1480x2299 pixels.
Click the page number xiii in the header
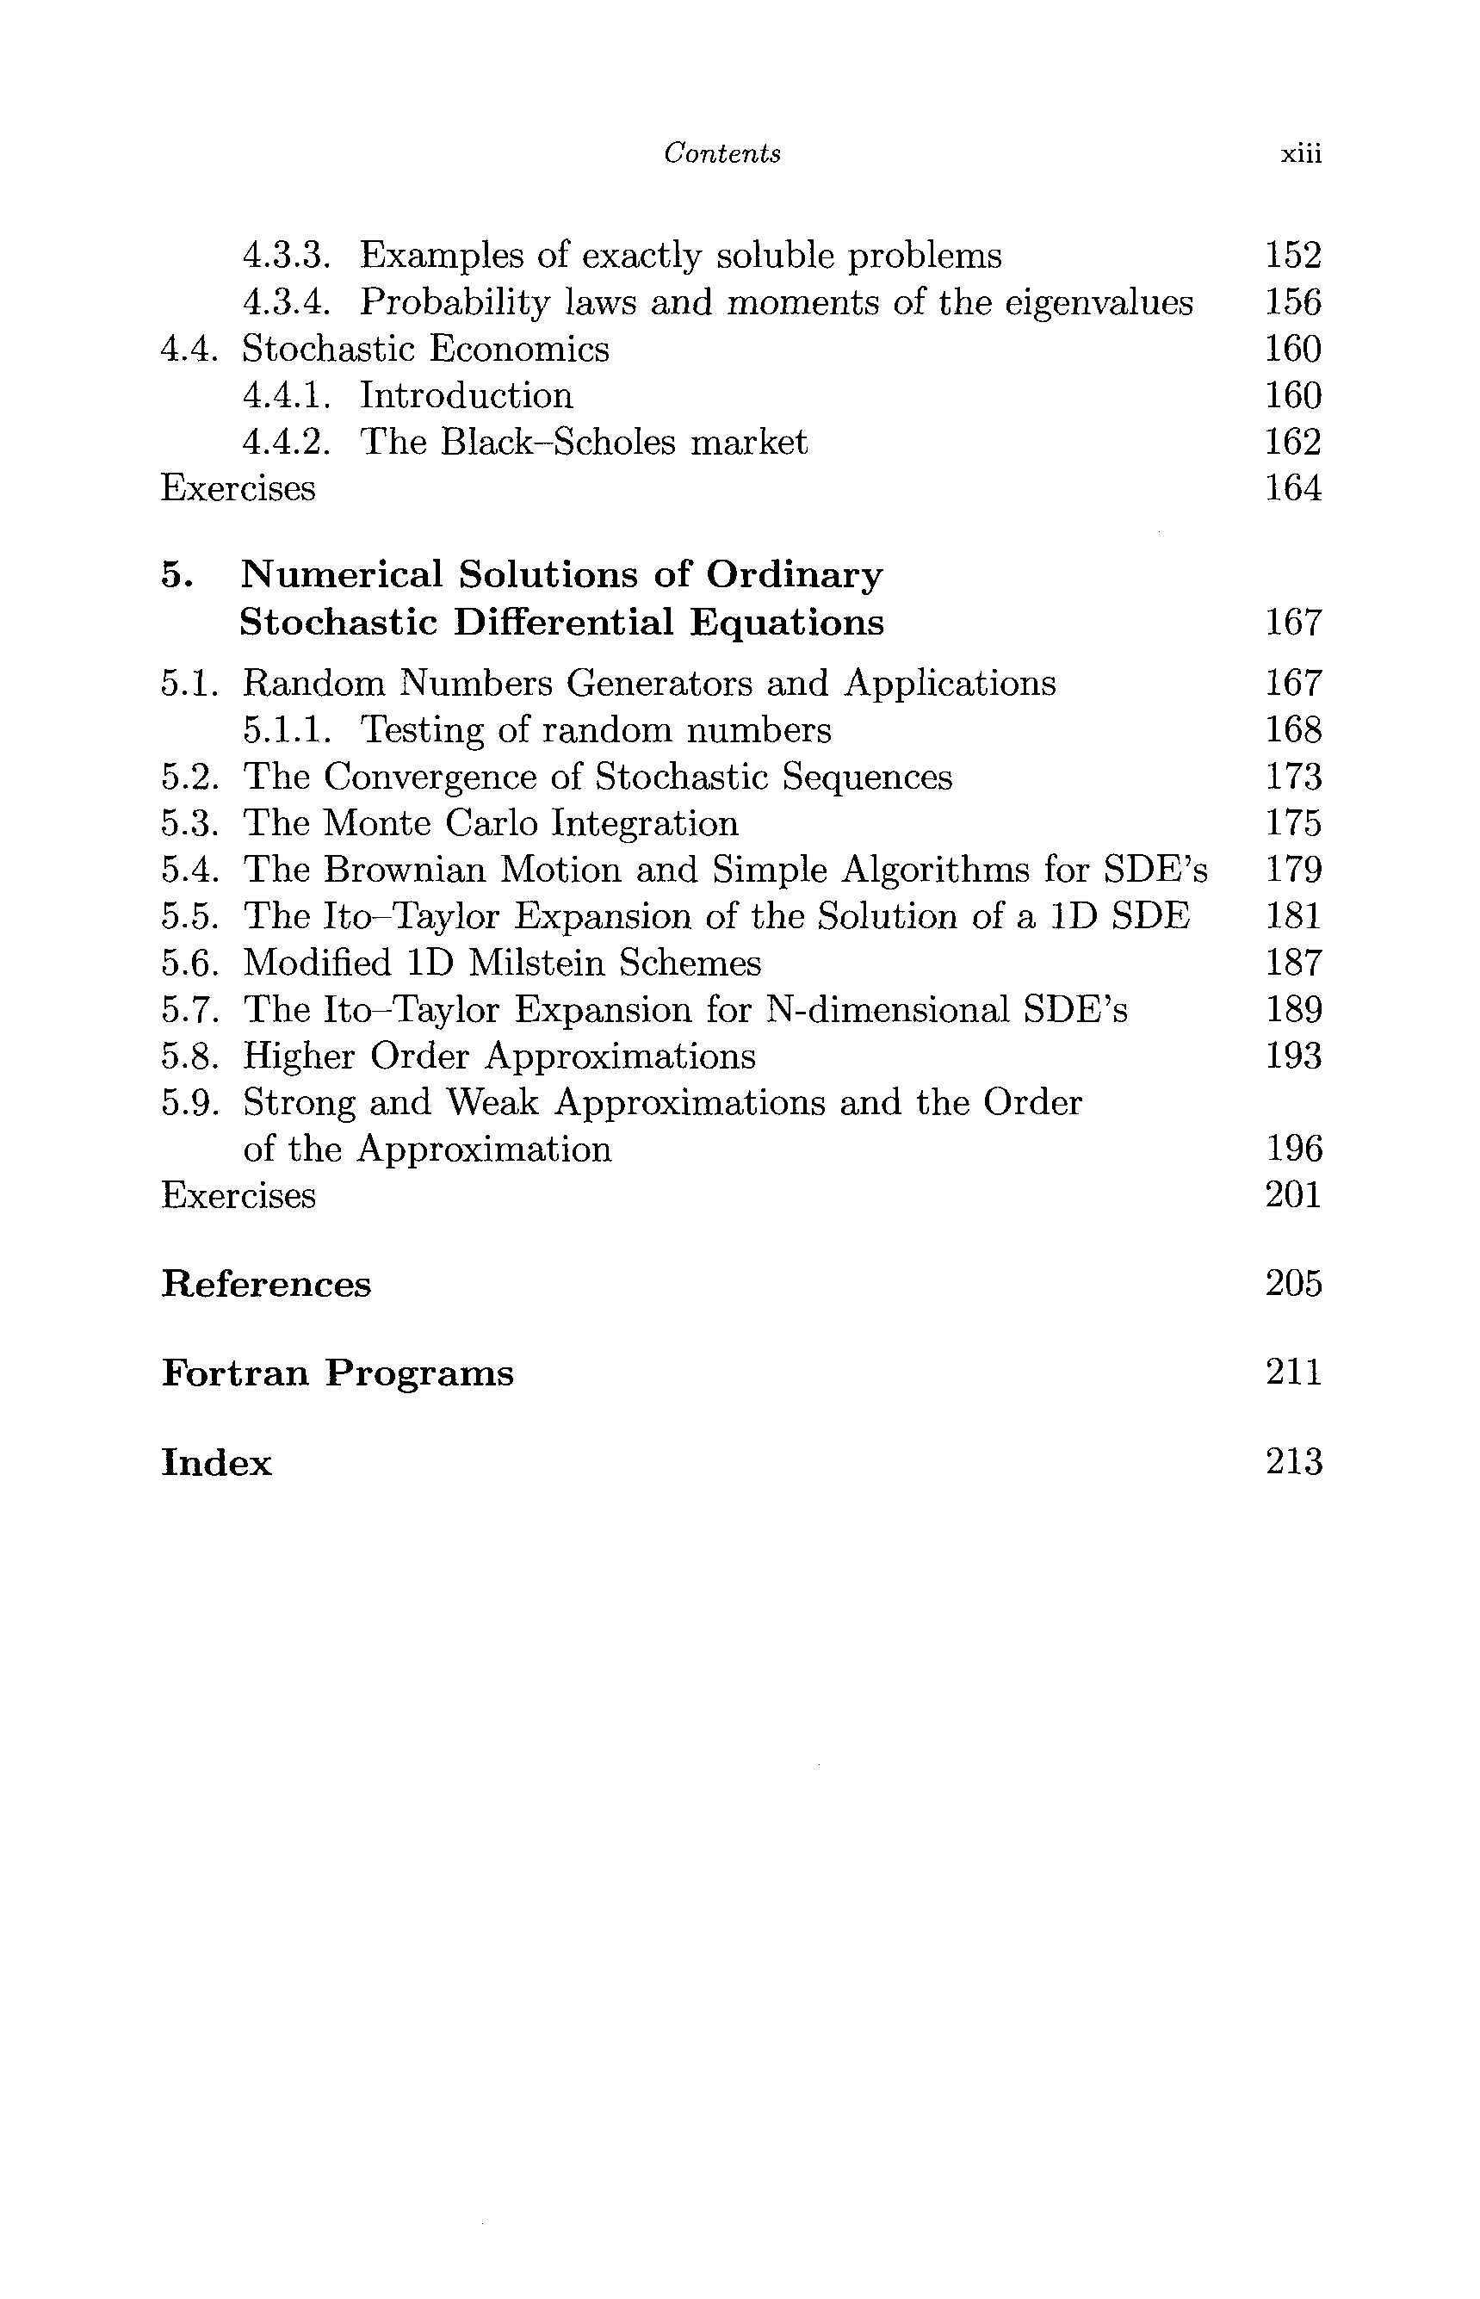[x=1301, y=155]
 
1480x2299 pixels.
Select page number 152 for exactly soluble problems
[x=1292, y=256]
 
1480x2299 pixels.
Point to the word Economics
[x=519, y=349]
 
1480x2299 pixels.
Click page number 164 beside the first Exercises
[x=1292, y=488]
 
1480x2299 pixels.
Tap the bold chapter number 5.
[x=176, y=575]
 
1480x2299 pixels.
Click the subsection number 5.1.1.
[x=287, y=730]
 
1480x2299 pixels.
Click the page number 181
[x=1292, y=916]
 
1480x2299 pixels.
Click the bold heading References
[x=265, y=1285]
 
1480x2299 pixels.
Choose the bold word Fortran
[x=235, y=1373]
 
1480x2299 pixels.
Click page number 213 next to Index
[x=1293, y=1463]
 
